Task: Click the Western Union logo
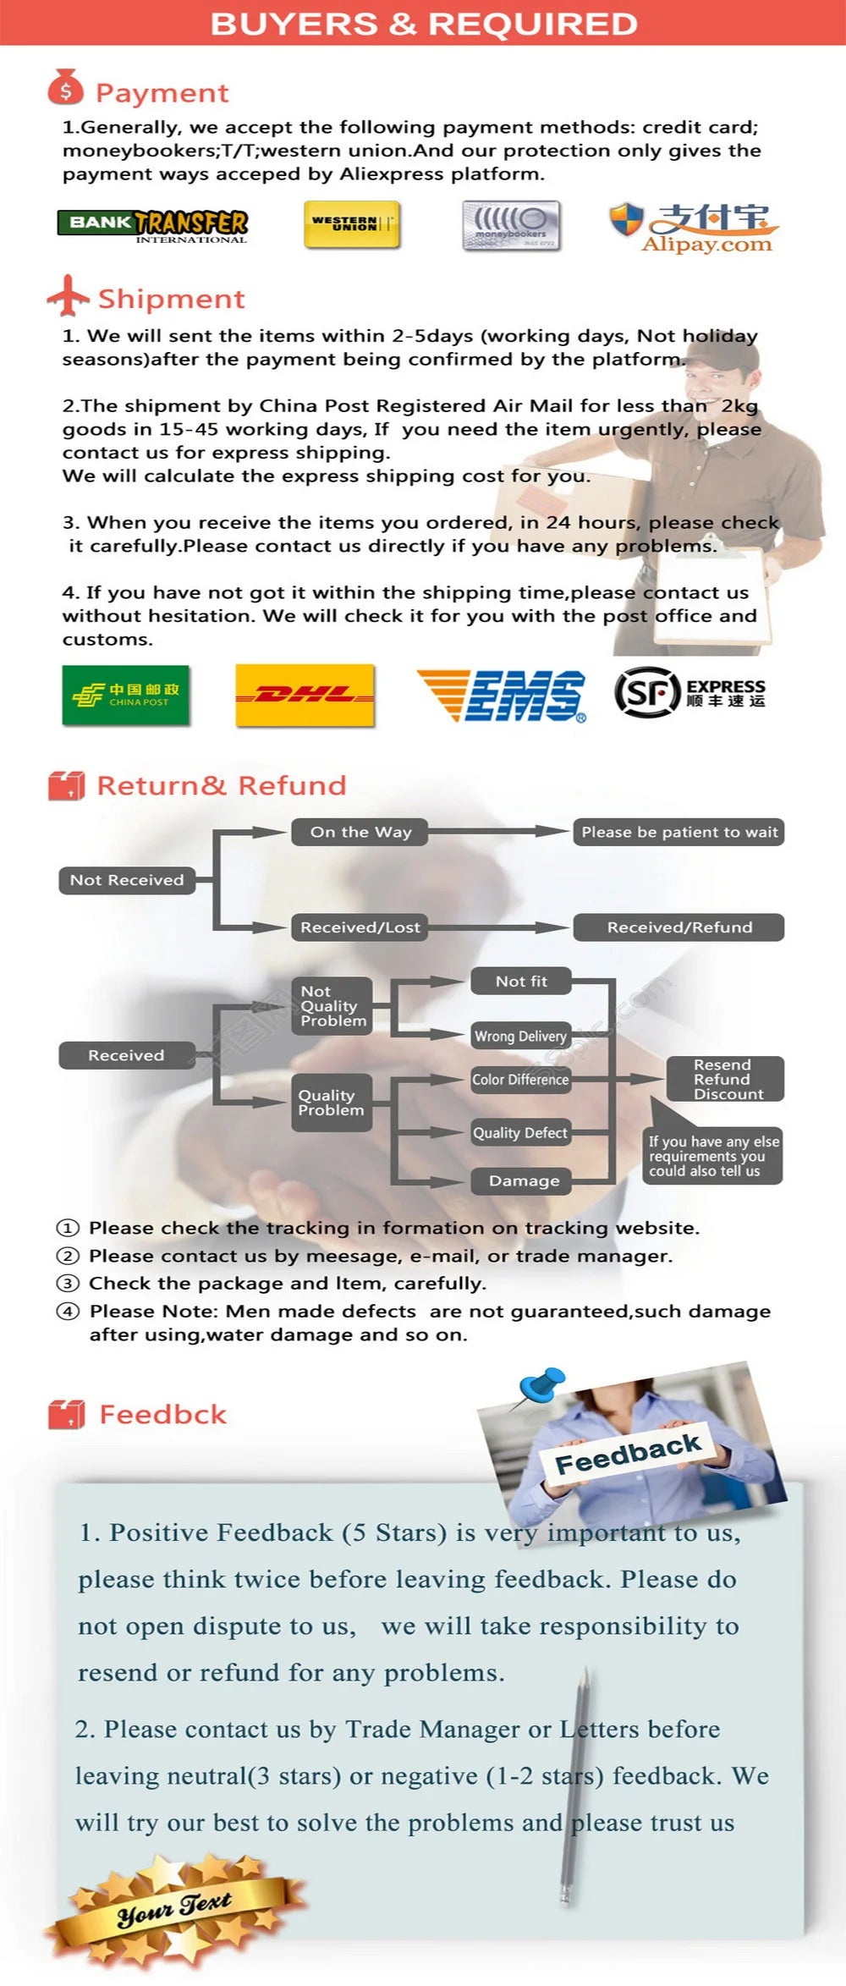(x=351, y=224)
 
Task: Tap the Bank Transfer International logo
(x=153, y=225)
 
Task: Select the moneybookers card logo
(x=511, y=225)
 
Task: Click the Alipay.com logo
(x=692, y=228)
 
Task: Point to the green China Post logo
(x=125, y=695)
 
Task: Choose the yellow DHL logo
(x=305, y=695)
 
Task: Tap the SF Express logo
(x=690, y=692)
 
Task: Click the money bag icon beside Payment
(x=66, y=88)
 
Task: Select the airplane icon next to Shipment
(x=68, y=295)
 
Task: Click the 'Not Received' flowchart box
(x=127, y=880)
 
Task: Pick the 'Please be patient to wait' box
(x=678, y=832)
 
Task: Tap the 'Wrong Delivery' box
(x=520, y=1036)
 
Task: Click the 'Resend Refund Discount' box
(x=724, y=1079)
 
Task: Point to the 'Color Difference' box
(x=520, y=1080)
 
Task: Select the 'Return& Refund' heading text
(x=222, y=785)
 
